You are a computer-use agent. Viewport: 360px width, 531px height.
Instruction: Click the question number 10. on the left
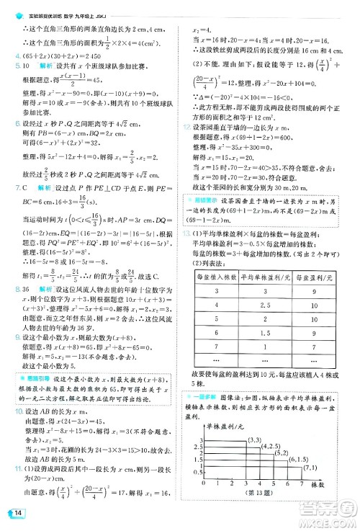tap(13, 411)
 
